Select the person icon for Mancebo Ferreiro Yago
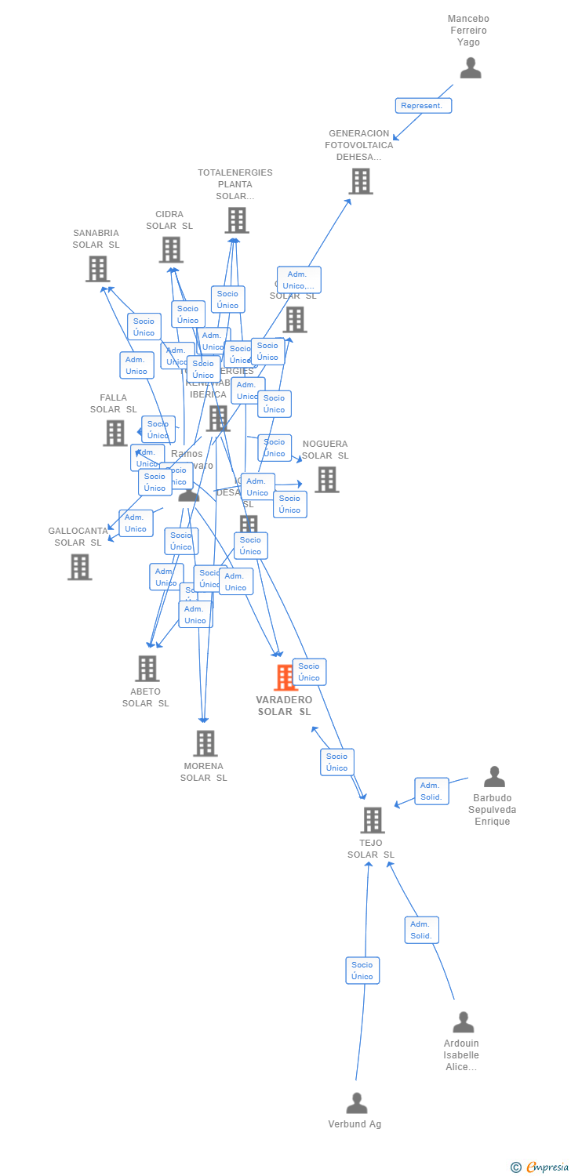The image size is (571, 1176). click(x=471, y=68)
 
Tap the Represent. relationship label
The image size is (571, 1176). click(x=423, y=105)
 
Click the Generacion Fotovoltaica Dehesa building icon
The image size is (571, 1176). click(x=361, y=181)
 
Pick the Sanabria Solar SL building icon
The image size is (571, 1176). click(x=97, y=269)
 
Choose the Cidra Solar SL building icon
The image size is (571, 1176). click(x=171, y=249)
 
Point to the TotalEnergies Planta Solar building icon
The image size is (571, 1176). click(x=237, y=220)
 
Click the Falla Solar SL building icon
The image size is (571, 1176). click(x=115, y=433)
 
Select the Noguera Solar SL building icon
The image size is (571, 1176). click(x=326, y=479)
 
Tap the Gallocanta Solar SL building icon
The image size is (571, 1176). click(x=79, y=567)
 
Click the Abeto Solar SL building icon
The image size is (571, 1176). click(x=147, y=669)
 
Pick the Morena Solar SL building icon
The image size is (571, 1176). click(x=205, y=743)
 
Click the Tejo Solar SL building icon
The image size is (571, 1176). click(x=372, y=820)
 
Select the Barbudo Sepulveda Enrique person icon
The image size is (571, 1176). click(x=494, y=777)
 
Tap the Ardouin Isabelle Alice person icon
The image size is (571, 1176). click(x=464, y=1022)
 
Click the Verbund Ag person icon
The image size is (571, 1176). click(x=357, y=1103)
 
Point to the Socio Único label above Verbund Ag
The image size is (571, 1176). click(x=362, y=971)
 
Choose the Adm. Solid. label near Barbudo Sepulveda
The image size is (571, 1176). click(x=431, y=791)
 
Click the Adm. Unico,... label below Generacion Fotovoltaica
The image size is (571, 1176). click(x=299, y=280)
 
